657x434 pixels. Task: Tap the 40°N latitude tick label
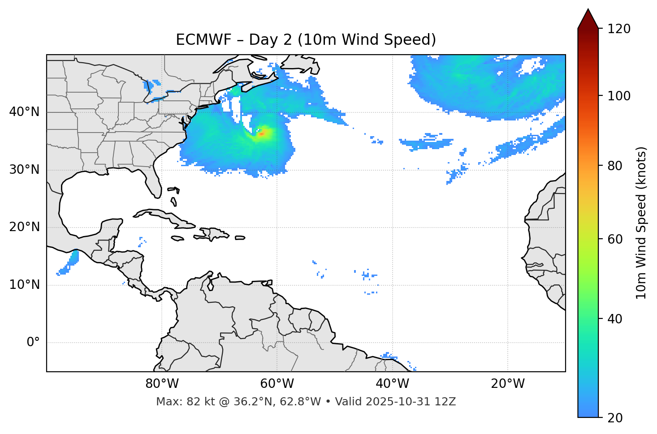[x=24, y=112]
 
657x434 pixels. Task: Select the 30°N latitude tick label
[x=24, y=170]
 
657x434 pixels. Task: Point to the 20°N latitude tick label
[x=24, y=227]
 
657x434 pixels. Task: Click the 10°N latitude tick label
[x=24, y=285]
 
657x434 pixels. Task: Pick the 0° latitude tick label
[x=33, y=343]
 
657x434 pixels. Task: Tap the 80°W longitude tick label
[x=162, y=384]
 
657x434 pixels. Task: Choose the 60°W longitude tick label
[x=277, y=384]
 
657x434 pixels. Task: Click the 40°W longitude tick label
[x=393, y=384]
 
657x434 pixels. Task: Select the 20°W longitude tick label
[x=508, y=384]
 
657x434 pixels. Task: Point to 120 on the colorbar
[x=619, y=29]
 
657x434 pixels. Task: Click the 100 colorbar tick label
[x=619, y=96]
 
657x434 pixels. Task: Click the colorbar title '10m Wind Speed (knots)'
[x=642, y=223]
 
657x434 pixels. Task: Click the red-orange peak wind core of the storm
[x=262, y=133]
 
